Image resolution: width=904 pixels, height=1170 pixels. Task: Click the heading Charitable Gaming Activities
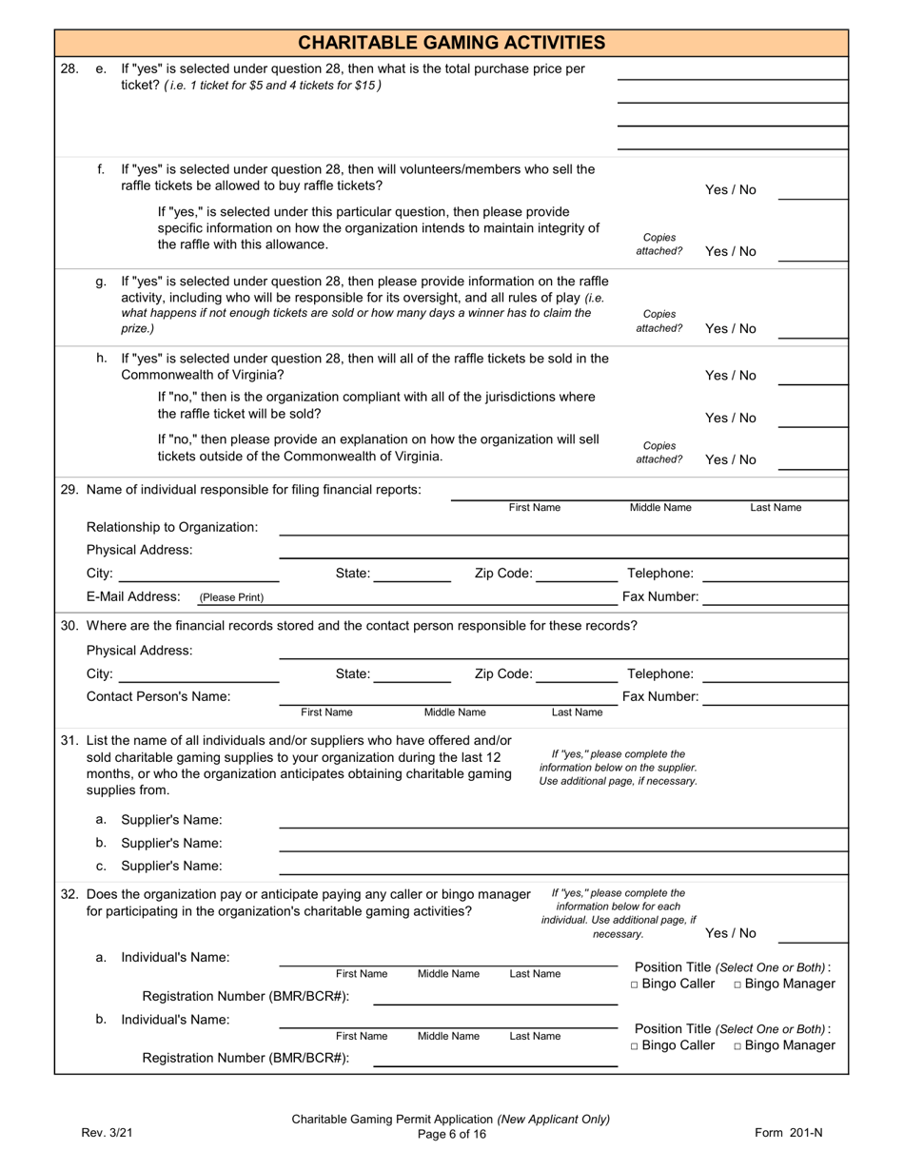tap(451, 43)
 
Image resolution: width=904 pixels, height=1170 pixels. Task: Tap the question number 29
tap(69, 490)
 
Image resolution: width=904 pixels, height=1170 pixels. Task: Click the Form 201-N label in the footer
tap(788, 1132)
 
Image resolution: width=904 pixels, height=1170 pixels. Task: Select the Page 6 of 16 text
tap(451, 1133)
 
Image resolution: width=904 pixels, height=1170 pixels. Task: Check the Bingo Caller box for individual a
tap(635, 985)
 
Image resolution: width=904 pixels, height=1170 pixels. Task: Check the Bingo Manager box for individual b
tap(738, 1046)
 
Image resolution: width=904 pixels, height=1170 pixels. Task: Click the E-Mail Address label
tap(133, 596)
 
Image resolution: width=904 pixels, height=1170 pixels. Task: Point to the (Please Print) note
tap(231, 597)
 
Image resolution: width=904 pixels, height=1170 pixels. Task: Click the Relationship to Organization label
tap(172, 527)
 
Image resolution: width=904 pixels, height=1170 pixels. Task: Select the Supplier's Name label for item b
tap(171, 843)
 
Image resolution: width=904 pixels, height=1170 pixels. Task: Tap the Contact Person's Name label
tap(158, 696)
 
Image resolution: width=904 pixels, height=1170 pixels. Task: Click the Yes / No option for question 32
tap(731, 933)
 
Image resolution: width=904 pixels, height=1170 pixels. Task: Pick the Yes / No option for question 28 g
tap(731, 328)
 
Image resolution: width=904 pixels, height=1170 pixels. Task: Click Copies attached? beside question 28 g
tap(659, 322)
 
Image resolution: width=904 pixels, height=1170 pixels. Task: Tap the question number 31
tap(69, 740)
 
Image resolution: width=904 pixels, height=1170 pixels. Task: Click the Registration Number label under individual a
tap(246, 996)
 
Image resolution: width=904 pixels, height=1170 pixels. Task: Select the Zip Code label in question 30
tap(503, 673)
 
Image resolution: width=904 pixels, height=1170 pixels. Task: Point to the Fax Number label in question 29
tap(660, 596)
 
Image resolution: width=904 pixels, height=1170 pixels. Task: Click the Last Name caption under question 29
tap(776, 508)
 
